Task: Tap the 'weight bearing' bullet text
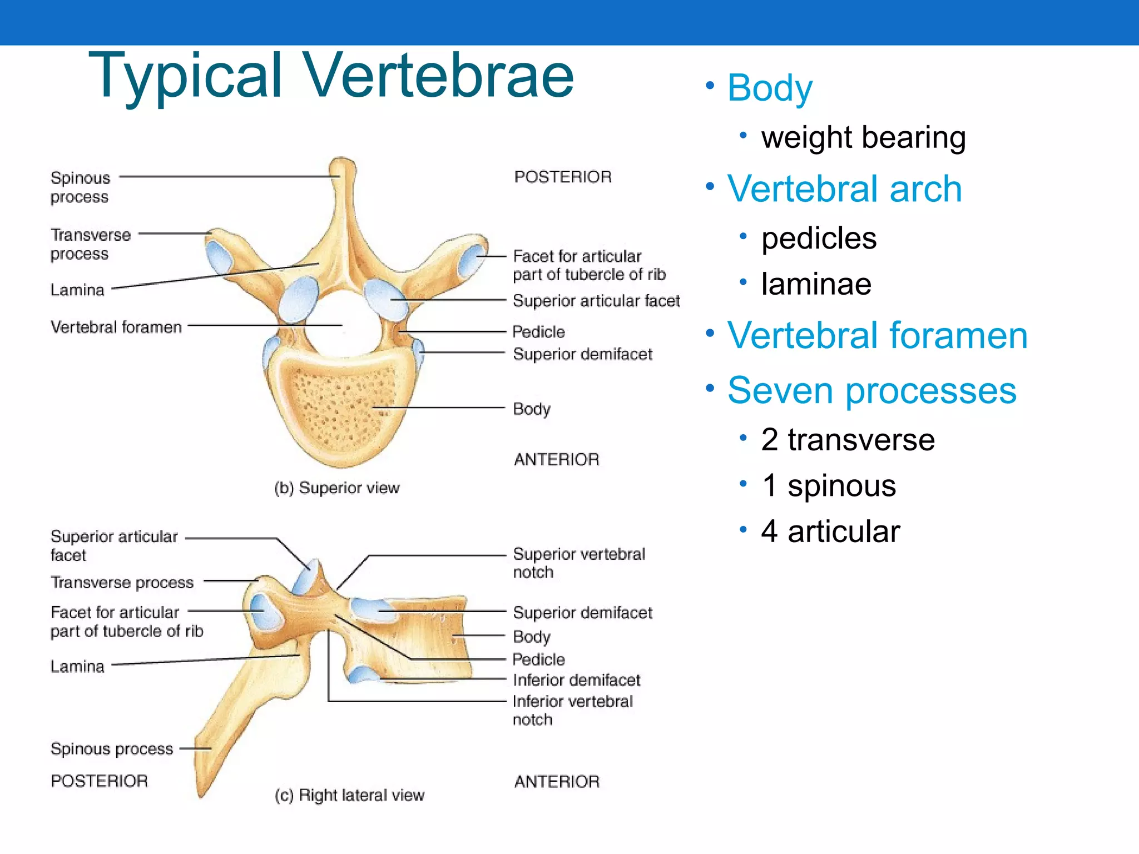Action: click(863, 137)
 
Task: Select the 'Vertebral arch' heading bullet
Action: click(844, 189)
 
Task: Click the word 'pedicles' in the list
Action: click(819, 239)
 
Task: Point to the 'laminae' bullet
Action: click(816, 284)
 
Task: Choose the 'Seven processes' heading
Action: click(871, 390)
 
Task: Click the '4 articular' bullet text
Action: click(830, 532)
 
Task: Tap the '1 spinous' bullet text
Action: click(828, 486)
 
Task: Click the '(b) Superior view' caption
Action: click(337, 488)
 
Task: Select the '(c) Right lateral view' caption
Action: click(349, 795)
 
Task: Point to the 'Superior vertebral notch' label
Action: click(578, 563)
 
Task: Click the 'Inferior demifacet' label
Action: click(576, 680)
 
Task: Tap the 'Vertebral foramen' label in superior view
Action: click(116, 327)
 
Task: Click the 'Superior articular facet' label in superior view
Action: click(596, 301)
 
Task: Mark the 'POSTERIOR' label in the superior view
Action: click(563, 177)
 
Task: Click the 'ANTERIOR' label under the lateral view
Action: click(557, 782)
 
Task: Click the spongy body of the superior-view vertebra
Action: click(339, 406)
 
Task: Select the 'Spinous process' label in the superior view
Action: click(80, 187)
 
